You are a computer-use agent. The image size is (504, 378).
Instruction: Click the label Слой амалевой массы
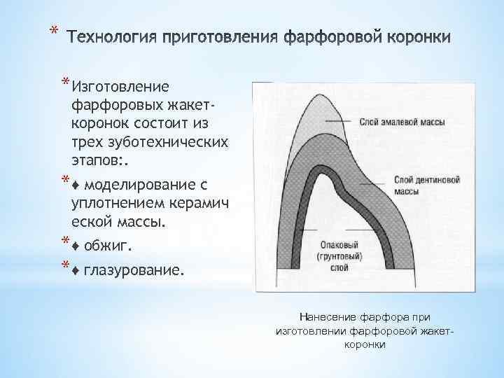pos(402,121)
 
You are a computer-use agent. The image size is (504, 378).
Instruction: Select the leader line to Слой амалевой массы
pos(339,121)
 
